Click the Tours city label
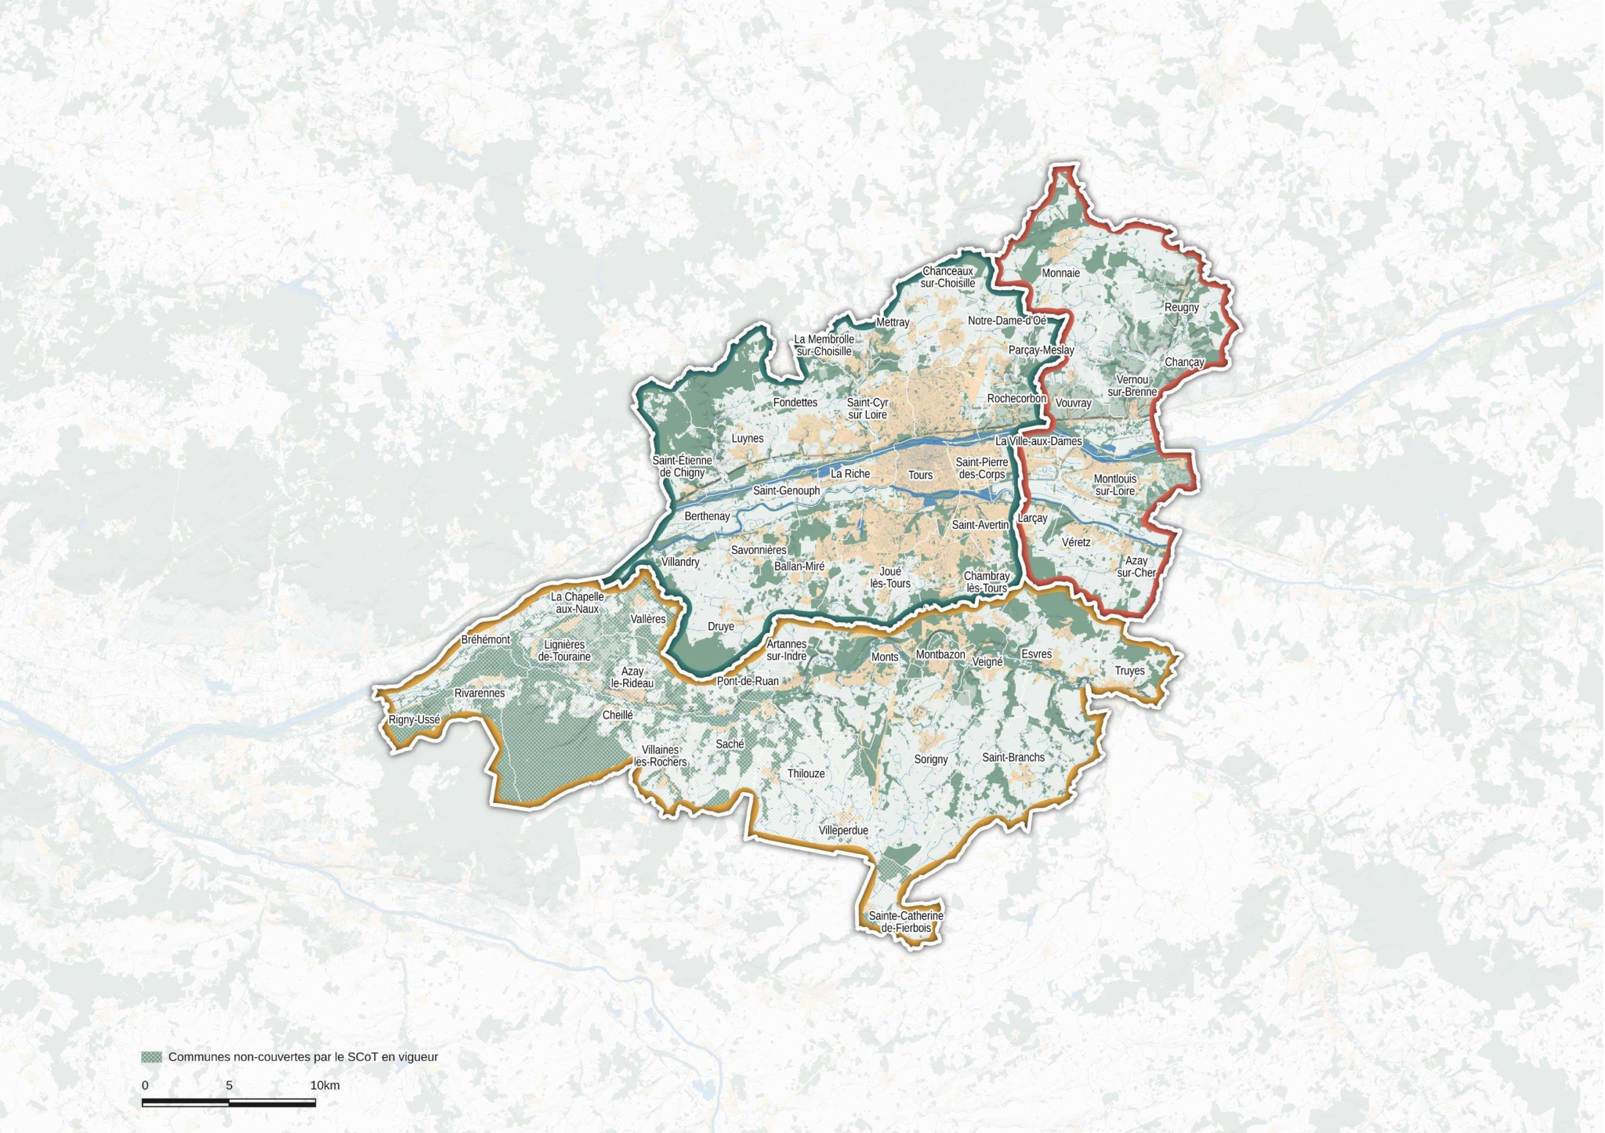(x=920, y=475)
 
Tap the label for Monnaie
(x=1060, y=273)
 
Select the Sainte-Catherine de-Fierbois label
(x=906, y=922)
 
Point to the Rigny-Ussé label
(x=415, y=720)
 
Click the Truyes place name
(x=1129, y=671)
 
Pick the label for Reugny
(x=1181, y=307)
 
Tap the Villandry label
(x=680, y=562)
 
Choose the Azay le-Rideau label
(x=632, y=677)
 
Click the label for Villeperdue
(x=843, y=830)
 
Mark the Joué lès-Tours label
(x=890, y=577)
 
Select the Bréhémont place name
(x=485, y=639)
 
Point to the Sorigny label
(x=931, y=759)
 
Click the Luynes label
(x=747, y=439)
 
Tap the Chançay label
(x=1183, y=362)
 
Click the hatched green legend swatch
(x=151, y=1057)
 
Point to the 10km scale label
(x=324, y=1085)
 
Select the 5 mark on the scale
(x=229, y=1085)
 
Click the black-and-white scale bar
(x=229, y=1102)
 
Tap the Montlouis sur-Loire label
(x=1114, y=485)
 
